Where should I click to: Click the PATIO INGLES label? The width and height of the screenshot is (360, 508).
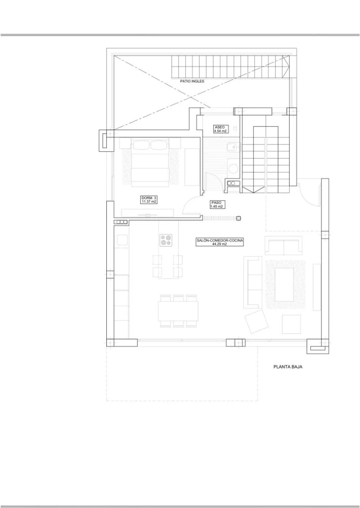pos(192,81)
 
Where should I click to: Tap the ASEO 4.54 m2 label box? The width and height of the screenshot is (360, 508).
pos(220,129)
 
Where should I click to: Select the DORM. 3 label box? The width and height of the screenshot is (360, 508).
pos(148,200)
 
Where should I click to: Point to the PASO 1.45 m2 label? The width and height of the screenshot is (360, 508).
pos(216,205)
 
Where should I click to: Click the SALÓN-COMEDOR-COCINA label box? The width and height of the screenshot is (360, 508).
pos(220,242)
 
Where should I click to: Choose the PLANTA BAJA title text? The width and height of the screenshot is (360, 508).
pos(288,367)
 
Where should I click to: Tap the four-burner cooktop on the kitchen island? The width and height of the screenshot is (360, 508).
pos(166,240)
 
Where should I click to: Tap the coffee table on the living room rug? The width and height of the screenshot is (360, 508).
pos(285,284)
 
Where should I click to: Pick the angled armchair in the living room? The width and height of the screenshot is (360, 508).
pos(255,321)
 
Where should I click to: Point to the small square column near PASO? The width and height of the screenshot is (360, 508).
pos(239,218)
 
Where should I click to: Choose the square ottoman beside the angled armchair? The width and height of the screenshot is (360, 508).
pos(291,323)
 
